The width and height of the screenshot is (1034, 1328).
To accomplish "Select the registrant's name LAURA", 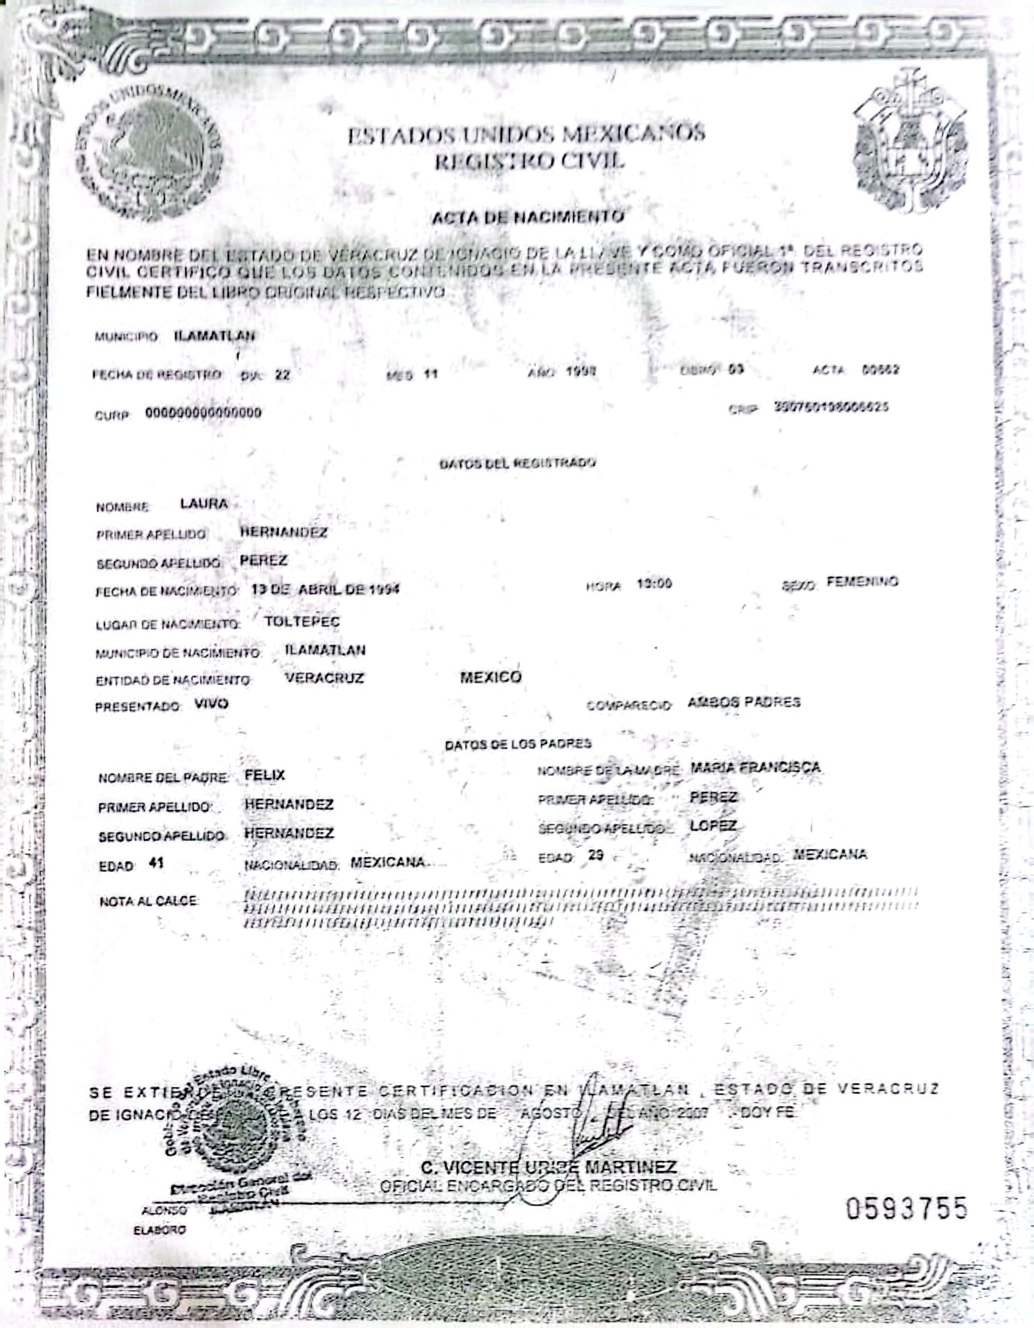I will pyautogui.click(x=204, y=503).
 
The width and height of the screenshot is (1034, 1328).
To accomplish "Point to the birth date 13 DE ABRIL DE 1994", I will pyautogui.click(x=325, y=589).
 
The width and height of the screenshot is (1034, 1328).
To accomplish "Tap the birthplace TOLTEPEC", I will pyautogui.click(x=302, y=622).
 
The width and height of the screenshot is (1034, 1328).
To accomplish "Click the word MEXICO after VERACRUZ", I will pyautogui.click(x=490, y=677).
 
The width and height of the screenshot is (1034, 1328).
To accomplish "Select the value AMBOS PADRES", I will pyautogui.click(x=743, y=703).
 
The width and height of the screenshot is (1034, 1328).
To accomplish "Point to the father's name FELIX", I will pyautogui.click(x=265, y=775).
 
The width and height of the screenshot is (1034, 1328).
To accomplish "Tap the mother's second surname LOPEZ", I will pyautogui.click(x=713, y=826).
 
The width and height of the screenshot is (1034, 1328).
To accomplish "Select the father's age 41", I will pyautogui.click(x=156, y=863).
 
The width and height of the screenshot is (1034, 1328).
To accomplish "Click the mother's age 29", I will pyautogui.click(x=596, y=855).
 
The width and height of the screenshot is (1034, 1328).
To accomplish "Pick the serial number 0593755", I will pyautogui.click(x=906, y=1209).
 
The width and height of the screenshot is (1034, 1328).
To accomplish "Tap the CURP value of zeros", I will pyautogui.click(x=203, y=413).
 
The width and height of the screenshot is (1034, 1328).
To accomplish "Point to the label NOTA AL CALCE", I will pyautogui.click(x=148, y=900).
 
